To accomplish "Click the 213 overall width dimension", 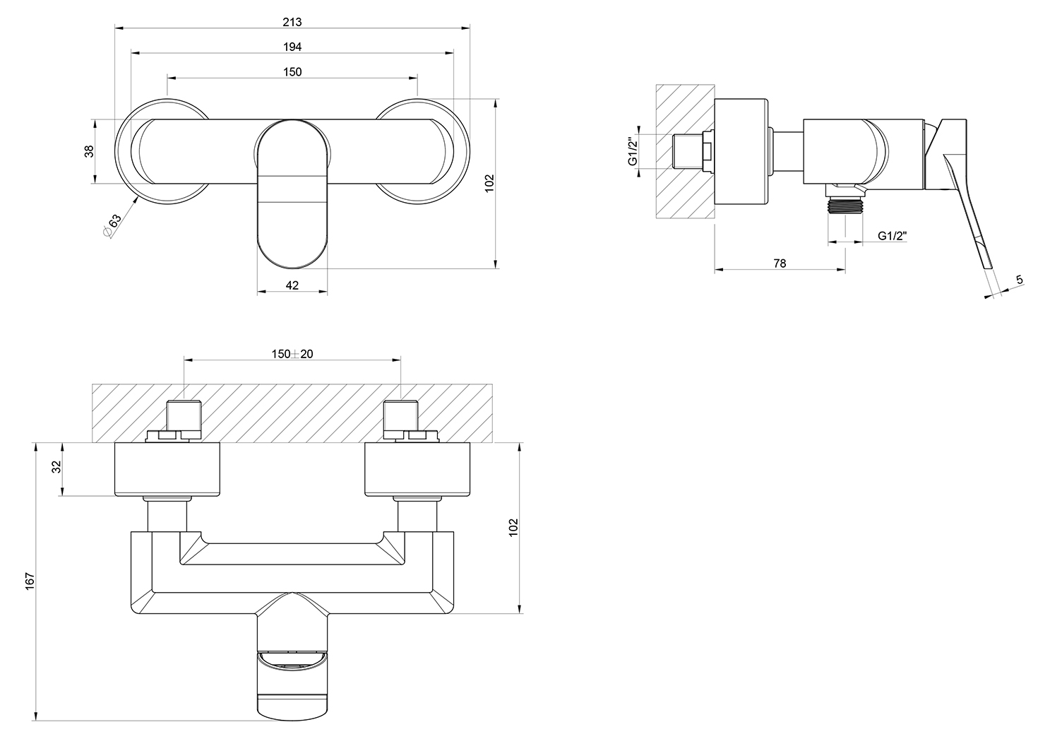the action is [x=292, y=22].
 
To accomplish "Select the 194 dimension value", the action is [x=292, y=47].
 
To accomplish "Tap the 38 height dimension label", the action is [x=89, y=151].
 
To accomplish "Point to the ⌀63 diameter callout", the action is [x=112, y=225].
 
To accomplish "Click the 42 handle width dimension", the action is [x=292, y=285].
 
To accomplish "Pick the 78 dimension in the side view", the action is [x=780, y=264].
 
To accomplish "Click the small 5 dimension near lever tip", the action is [x=1020, y=280].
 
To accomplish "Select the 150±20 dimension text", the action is [x=292, y=354].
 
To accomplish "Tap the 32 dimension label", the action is [x=56, y=467].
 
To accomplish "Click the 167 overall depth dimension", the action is [x=30, y=581].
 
